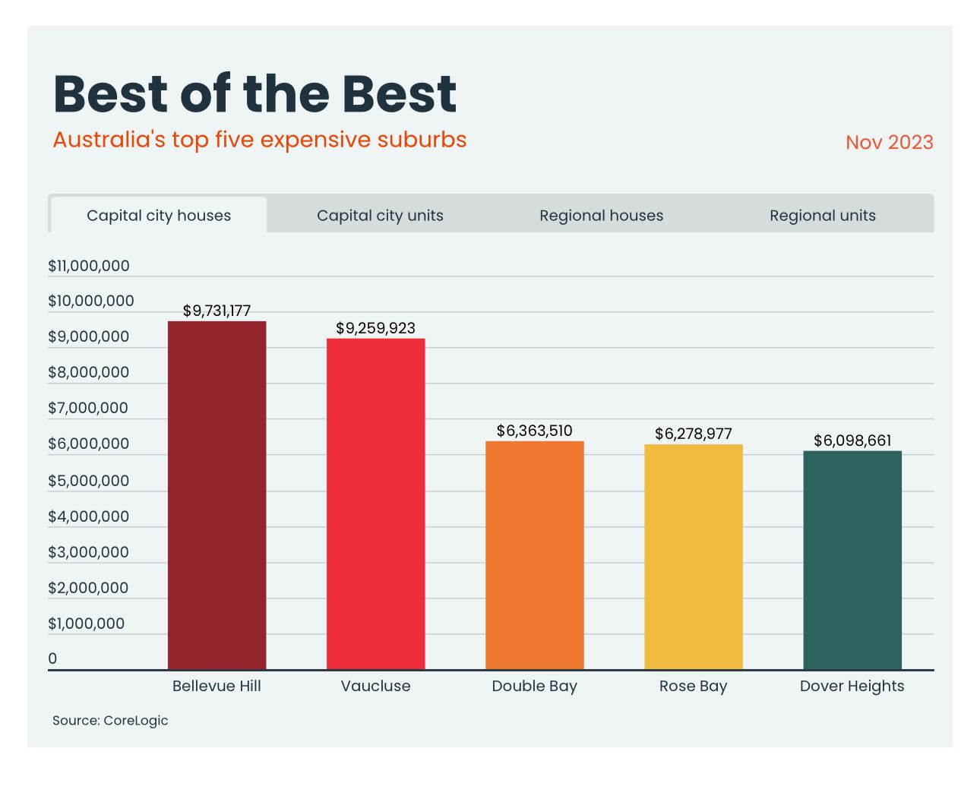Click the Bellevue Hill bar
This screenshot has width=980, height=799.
217,495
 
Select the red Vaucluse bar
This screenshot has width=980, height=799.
375,504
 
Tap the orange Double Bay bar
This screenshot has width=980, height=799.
534,555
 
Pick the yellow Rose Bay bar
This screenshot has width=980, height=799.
693,557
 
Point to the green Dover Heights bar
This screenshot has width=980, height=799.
852,560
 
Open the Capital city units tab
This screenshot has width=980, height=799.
380,216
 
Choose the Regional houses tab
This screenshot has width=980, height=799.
601,216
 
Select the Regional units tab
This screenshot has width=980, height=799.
822,216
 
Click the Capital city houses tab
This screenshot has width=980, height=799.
159,216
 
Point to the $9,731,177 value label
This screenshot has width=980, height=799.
217,311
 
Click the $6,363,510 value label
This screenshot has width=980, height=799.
534,431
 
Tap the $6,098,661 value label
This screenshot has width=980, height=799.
852,441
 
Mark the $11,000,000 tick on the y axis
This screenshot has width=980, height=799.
89,266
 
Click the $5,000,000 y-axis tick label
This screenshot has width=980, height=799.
89,481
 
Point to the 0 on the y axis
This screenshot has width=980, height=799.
52,658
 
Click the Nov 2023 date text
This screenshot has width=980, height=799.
889,143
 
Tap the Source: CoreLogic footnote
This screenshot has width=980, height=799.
110,721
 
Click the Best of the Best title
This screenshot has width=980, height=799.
255,94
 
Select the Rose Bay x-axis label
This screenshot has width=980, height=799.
693,686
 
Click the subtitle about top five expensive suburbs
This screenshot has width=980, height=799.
260,141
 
